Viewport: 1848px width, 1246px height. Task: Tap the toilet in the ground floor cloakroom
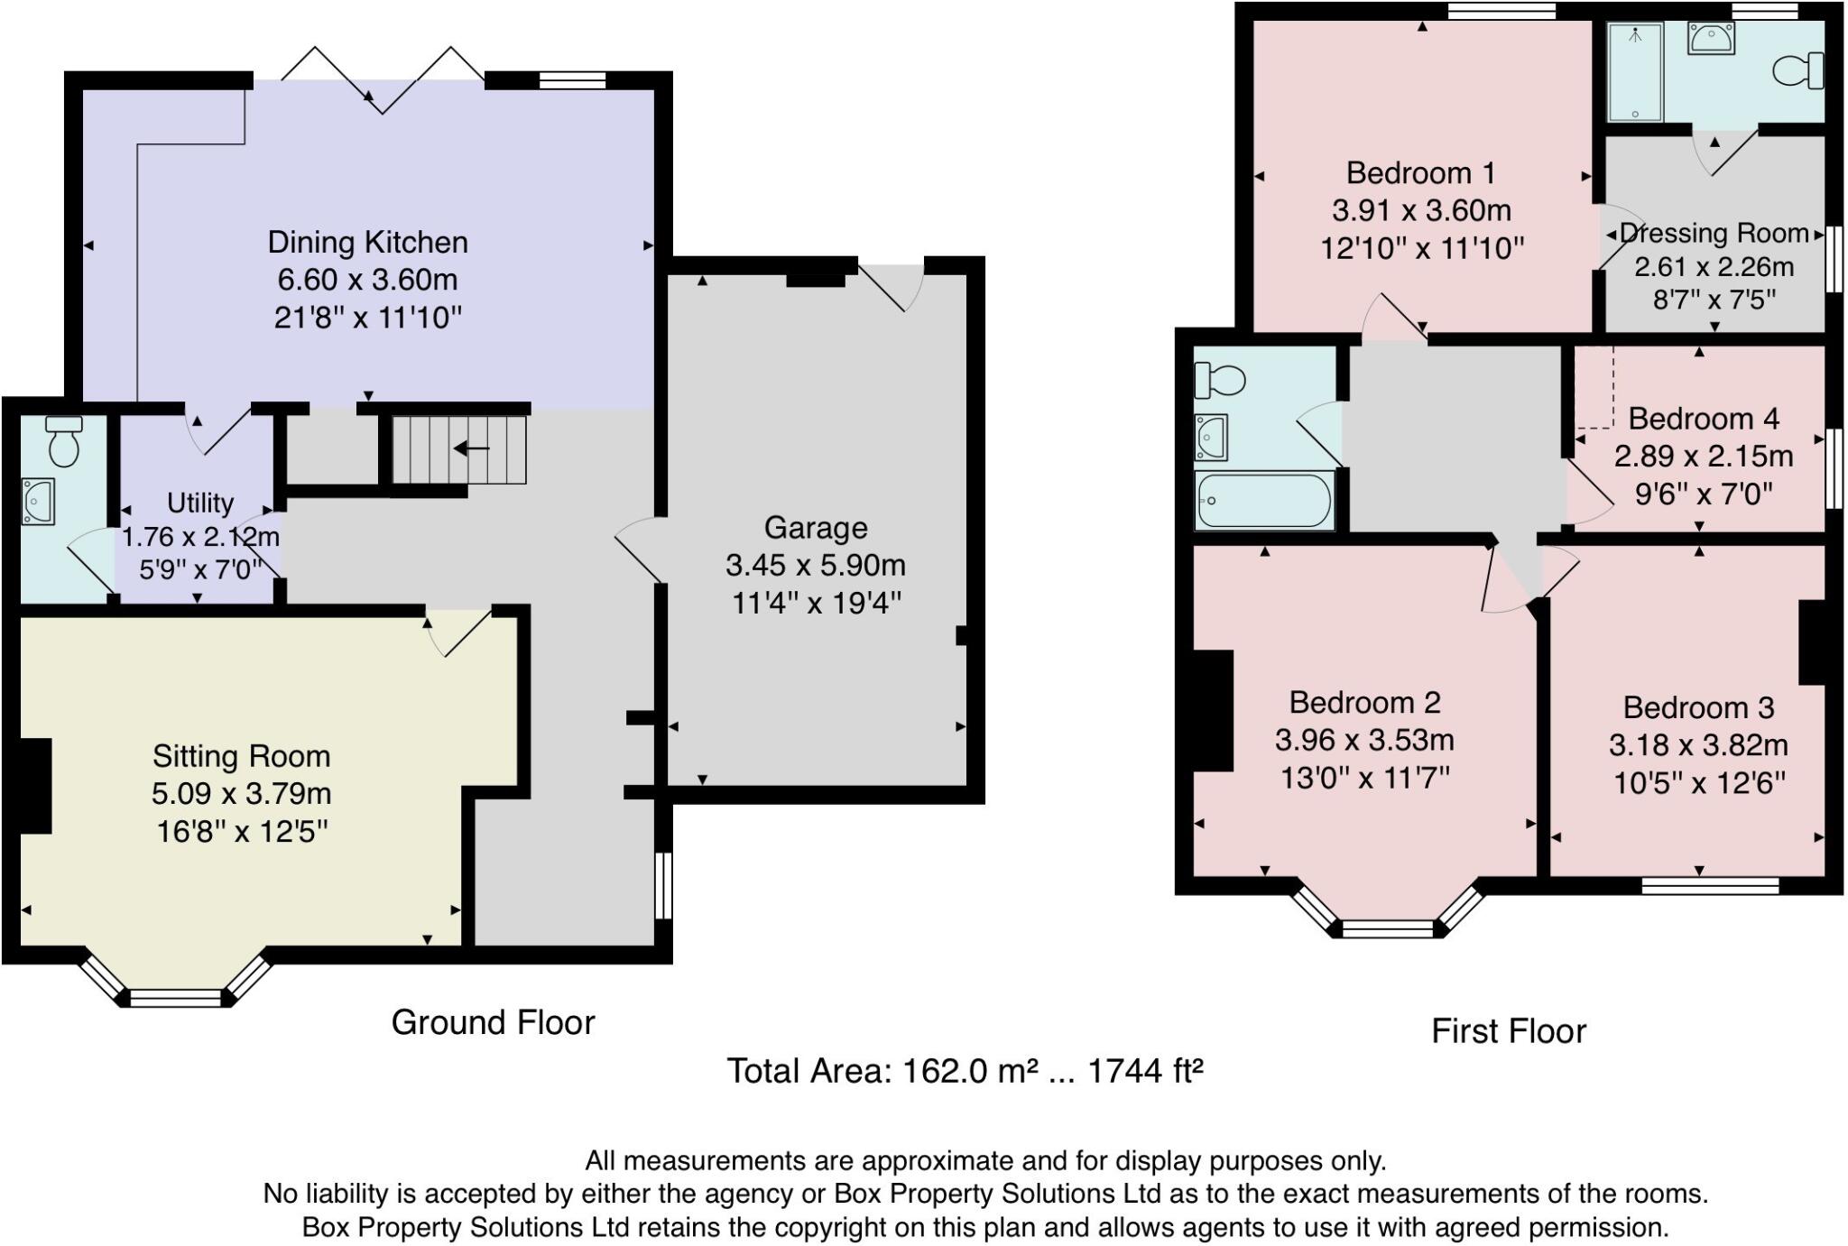pyautogui.click(x=63, y=441)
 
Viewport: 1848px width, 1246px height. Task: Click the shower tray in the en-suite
pyautogui.click(x=1634, y=72)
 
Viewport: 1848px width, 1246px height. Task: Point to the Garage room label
pyautogui.click(x=816, y=528)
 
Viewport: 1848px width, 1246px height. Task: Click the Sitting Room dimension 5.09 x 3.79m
pyautogui.click(x=242, y=794)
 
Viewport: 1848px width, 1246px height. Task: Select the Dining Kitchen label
pyautogui.click(x=368, y=243)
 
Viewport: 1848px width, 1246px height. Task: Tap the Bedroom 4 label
pyautogui.click(x=1703, y=419)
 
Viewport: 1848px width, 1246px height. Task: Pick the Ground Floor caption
pyautogui.click(x=493, y=1022)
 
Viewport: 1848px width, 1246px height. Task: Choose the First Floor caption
pyautogui.click(x=1508, y=1031)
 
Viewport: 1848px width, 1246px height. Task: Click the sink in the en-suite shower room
pyautogui.click(x=1711, y=39)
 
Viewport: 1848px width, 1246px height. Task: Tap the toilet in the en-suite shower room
pyautogui.click(x=1799, y=70)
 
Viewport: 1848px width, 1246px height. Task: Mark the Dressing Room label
pyautogui.click(x=1714, y=234)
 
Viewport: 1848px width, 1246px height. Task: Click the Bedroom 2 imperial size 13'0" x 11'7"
pyautogui.click(x=1364, y=778)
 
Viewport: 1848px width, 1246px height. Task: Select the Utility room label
pyautogui.click(x=200, y=503)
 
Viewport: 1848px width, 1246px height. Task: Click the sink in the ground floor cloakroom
pyautogui.click(x=38, y=502)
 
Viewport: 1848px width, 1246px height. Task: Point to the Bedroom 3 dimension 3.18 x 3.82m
pyautogui.click(x=1698, y=745)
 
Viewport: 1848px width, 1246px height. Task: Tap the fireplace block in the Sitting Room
pyautogui.click(x=35, y=785)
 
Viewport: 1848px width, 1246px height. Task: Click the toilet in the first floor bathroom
pyautogui.click(x=1217, y=381)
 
